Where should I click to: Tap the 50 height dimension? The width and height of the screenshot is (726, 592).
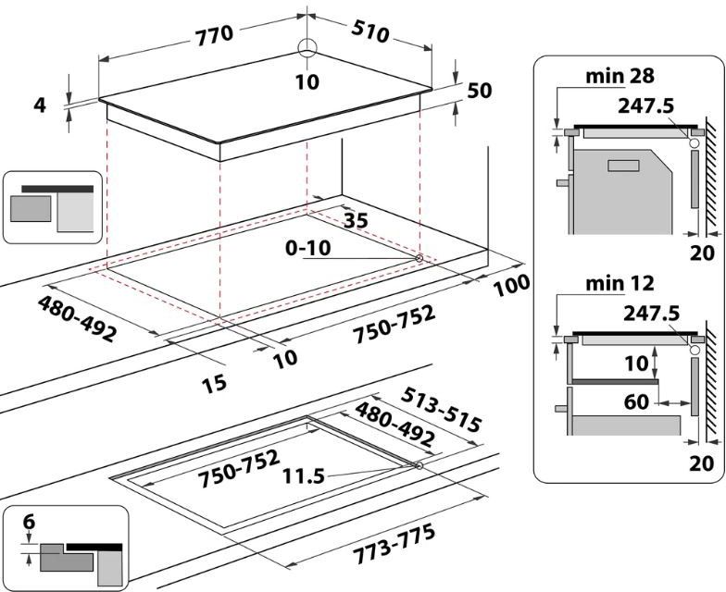[x=479, y=91]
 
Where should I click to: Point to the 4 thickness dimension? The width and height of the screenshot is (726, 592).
[x=39, y=105]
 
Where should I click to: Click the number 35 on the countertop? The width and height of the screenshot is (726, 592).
[x=356, y=220]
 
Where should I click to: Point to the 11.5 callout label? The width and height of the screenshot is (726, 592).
[x=305, y=475]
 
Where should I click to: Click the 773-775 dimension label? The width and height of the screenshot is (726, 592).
[x=395, y=545]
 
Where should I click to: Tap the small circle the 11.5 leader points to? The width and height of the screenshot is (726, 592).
[x=420, y=466]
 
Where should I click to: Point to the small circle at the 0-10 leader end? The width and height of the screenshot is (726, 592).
[x=420, y=258]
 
